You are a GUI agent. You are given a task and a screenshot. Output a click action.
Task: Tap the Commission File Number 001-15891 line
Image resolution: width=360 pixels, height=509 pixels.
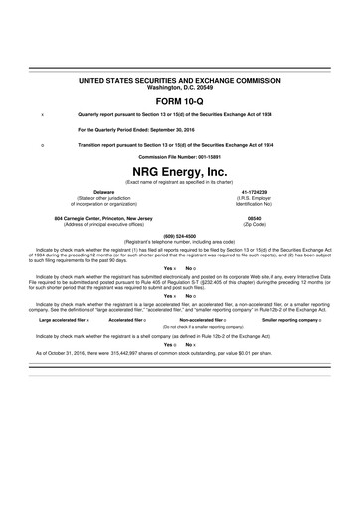(179, 156)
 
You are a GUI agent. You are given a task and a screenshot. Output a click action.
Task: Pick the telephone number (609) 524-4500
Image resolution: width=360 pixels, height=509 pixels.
(179, 235)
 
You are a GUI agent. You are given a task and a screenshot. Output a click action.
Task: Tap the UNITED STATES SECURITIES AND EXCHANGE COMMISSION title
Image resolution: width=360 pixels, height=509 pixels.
(179, 77)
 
